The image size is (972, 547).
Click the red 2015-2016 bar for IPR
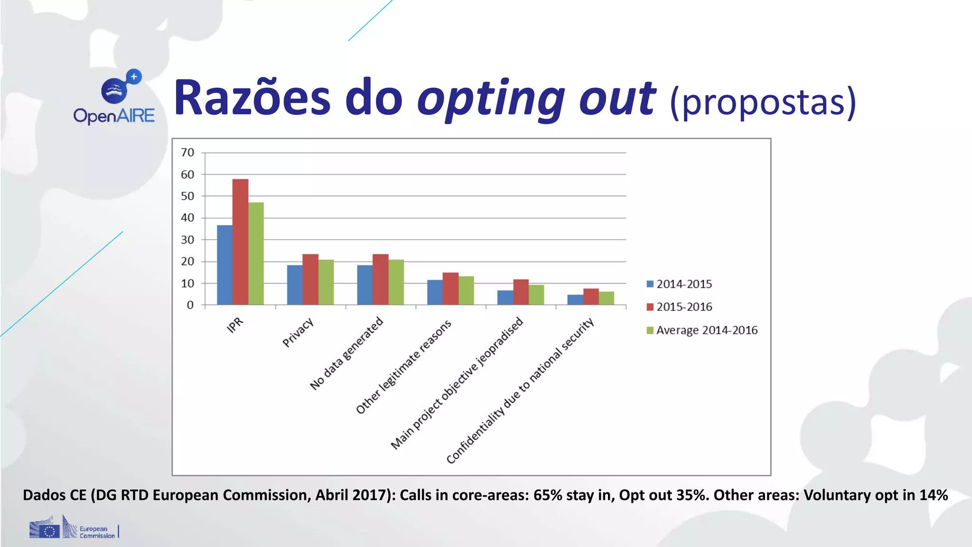pos(240,242)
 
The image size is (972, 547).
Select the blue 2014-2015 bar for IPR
pos(224,264)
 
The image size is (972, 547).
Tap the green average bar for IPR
pos(256,253)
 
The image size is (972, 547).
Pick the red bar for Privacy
pos(310,279)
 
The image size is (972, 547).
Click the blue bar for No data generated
pos(364,284)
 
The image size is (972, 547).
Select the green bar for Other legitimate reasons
pos(466,290)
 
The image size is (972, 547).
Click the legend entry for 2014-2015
pos(679,284)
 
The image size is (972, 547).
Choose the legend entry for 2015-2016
pos(679,307)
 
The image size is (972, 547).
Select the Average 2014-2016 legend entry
pos(702,330)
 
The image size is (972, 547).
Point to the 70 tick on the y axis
pos(187,152)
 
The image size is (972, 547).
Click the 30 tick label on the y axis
pos(187,240)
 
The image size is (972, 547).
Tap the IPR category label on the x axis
pos(235,325)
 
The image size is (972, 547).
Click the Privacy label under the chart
pos(298,332)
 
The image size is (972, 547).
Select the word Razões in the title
pos(252,98)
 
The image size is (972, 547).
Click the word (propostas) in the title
pos(763,102)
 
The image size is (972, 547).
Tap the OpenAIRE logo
pos(114,98)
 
